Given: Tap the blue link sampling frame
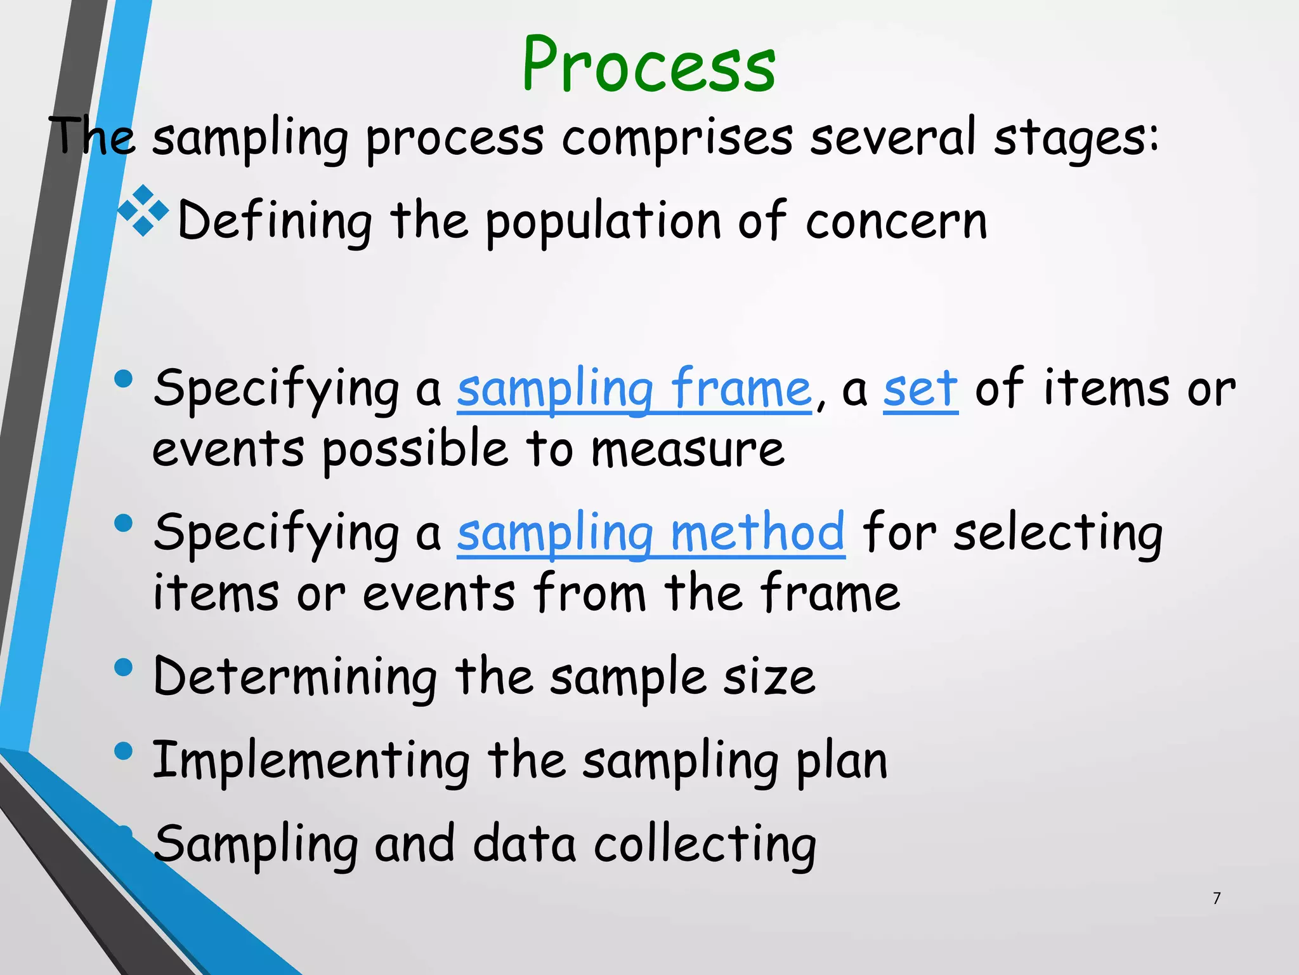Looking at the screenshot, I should pos(634,388).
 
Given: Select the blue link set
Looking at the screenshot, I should pos(920,388).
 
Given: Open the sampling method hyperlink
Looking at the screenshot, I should pos(651,533).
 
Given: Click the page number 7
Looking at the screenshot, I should pos(1216,898).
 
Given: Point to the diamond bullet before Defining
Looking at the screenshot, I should pos(144,210).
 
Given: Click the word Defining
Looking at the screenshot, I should pos(275,221).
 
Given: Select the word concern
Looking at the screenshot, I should pos(896,221).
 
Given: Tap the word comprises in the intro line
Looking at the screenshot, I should pos(677,138).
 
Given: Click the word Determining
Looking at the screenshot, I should pos(295,677).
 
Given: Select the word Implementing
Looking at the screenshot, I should pos(311,760).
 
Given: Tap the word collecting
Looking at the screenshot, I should pos(705,844).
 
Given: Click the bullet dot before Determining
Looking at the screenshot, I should pos(124,668).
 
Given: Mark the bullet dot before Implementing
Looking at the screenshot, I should pos(124,752).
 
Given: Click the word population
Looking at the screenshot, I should pos(603,221).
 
